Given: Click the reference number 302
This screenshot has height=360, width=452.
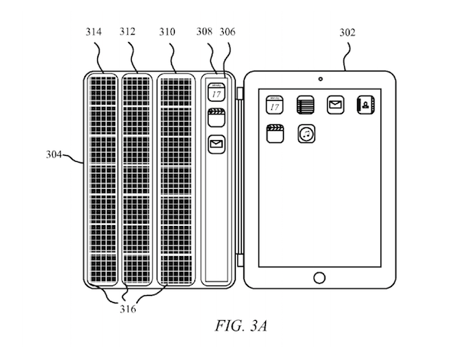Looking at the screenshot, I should click(x=349, y=32).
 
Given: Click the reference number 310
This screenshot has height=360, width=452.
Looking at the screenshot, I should click(x=167, y=32).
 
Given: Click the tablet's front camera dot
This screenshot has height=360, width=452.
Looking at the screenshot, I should click(x=320, y=78).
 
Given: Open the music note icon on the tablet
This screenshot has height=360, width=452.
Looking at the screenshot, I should click(x=306, y=134).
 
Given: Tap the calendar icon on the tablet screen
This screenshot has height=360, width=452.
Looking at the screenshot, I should click(x=274, y=104).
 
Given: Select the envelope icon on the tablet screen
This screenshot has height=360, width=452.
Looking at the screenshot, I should click(x=335, y=104).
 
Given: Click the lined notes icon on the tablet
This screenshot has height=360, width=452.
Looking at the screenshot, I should click(x=305, y=104).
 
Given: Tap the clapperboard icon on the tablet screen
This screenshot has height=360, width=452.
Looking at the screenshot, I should click(x=274, y=134).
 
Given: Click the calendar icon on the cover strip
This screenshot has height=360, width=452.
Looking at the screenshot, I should click(x=216, y=92).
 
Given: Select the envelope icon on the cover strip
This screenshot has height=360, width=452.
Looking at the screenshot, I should click(x=216, y=143).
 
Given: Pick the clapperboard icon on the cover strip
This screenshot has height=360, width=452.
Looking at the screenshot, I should click(x=216, y=118).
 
